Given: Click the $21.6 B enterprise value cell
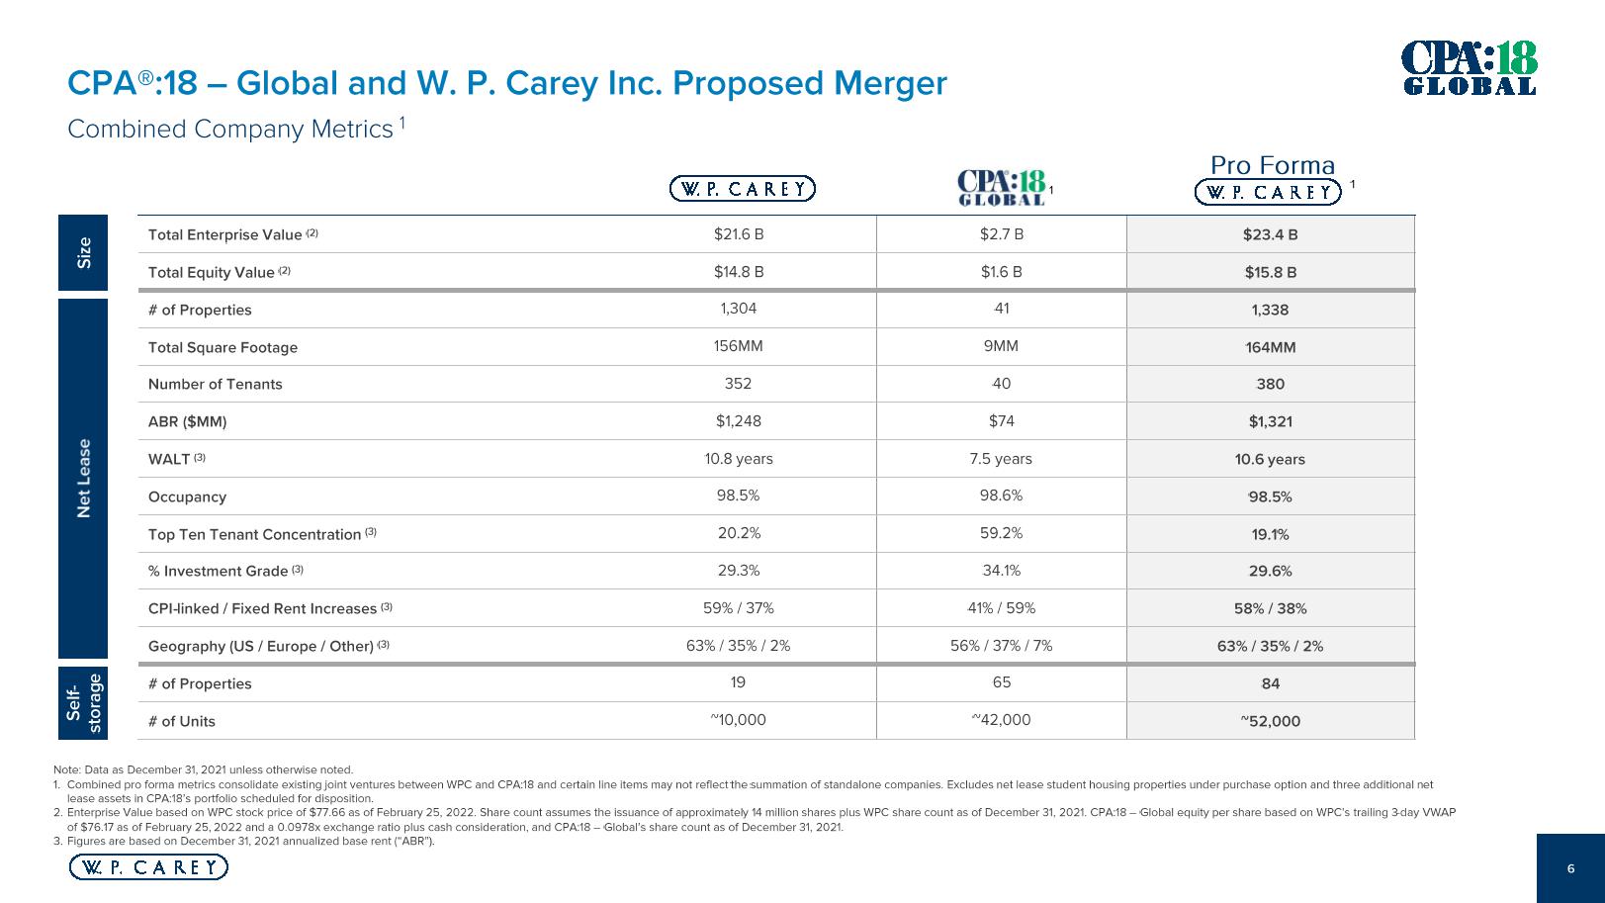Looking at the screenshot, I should point(738,234).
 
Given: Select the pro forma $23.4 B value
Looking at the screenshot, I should point(1270,235).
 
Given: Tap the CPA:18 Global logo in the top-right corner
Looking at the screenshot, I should point(1471,68).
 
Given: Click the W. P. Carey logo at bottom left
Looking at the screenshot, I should point(148,867).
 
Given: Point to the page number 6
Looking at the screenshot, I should point(1570,868).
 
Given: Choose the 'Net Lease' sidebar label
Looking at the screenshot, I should point(84,478).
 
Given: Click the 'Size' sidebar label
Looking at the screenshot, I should point(84,252).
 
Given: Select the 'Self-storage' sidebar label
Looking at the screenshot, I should point(84,702).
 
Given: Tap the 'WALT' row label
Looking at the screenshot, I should point(169,459).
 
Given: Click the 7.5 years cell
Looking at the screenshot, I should point(1001,459).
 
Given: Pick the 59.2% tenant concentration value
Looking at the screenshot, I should point(1001,533).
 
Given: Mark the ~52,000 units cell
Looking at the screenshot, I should point(1270,721).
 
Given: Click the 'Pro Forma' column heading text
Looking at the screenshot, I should point(1272,165).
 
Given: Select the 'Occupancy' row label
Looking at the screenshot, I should point(187,497).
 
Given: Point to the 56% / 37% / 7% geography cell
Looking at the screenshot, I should point(1001,646).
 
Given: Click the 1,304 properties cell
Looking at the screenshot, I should point(738,309).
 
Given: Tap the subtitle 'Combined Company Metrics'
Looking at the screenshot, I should point(229,130).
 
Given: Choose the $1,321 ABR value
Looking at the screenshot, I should point(1270,421).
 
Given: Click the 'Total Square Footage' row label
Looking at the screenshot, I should point(223,347).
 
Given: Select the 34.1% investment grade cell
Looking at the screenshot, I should point(1001,571).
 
